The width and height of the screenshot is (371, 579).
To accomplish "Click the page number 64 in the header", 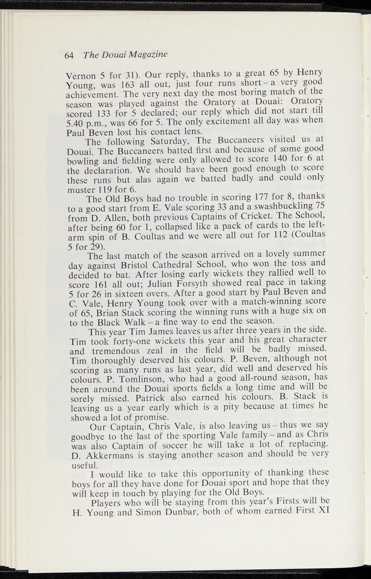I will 69,55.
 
